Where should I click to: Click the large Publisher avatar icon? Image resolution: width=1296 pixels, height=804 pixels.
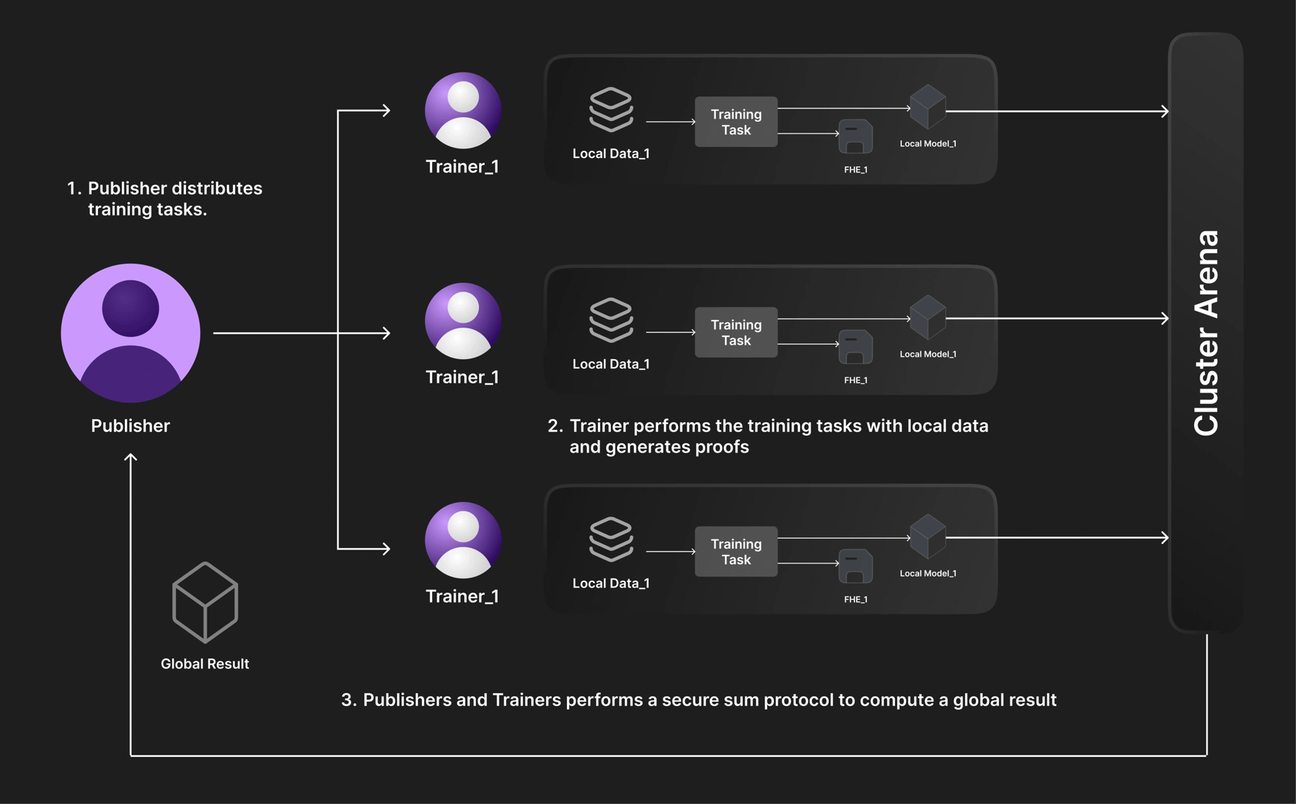[130, 333]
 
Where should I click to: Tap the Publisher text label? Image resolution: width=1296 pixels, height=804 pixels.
[130, 426]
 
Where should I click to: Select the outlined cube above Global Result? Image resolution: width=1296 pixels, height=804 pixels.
[205, 602]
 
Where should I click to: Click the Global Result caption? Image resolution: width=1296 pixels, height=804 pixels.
[205, 664]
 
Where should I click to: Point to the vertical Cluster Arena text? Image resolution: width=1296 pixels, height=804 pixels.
[1206, 333]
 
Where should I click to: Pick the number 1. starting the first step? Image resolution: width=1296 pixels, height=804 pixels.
[74, 188]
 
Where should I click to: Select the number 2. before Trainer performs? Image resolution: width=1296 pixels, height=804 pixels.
[555, 426]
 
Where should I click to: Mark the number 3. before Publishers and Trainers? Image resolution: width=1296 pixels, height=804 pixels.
[348, 700]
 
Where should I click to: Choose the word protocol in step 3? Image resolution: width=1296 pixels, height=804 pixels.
[799, 700]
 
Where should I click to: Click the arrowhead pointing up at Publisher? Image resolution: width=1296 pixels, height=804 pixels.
[130, 457]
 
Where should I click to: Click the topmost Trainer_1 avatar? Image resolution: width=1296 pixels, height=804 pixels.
[463, 110]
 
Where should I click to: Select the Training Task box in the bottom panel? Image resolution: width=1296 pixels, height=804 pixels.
[736, 552]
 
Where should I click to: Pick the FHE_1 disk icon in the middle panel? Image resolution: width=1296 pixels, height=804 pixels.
[855, 347]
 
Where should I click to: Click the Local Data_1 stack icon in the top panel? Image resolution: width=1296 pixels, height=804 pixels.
[611, 109]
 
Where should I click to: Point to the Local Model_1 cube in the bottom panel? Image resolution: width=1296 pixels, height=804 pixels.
[927, 536]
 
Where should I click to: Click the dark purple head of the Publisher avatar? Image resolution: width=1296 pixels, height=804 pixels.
[130, 309]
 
